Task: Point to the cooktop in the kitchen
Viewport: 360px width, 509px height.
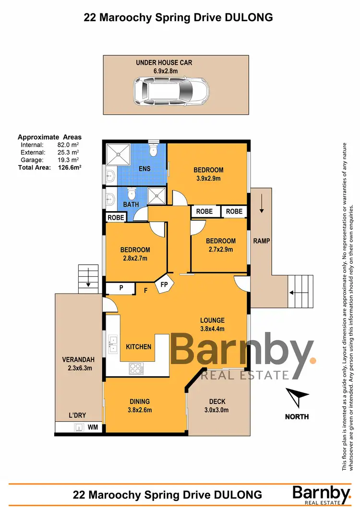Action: point(136,369)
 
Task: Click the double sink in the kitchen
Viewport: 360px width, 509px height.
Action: point(113,344)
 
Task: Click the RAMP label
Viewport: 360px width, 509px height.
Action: point(262,241)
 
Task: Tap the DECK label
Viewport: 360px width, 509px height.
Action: point(217,402)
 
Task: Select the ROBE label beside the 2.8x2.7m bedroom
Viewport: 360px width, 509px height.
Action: point(116,217)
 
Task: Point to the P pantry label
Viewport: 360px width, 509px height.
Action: point(121,289)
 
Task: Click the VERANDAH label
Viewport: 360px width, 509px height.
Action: point(77,360)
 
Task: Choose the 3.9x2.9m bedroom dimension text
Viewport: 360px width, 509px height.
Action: point(208,178)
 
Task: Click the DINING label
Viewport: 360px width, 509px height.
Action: point(139,402)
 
